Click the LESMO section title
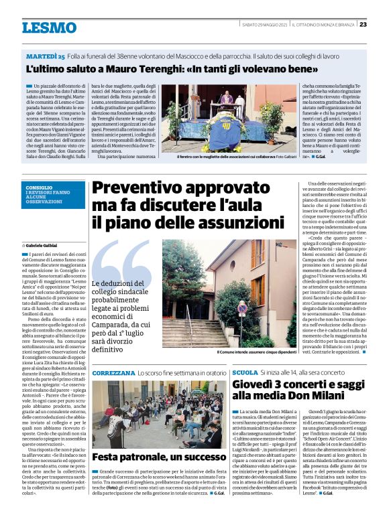tap(49, 27)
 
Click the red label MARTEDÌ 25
tap(46, 56)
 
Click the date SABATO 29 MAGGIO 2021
tap(265, 25)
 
